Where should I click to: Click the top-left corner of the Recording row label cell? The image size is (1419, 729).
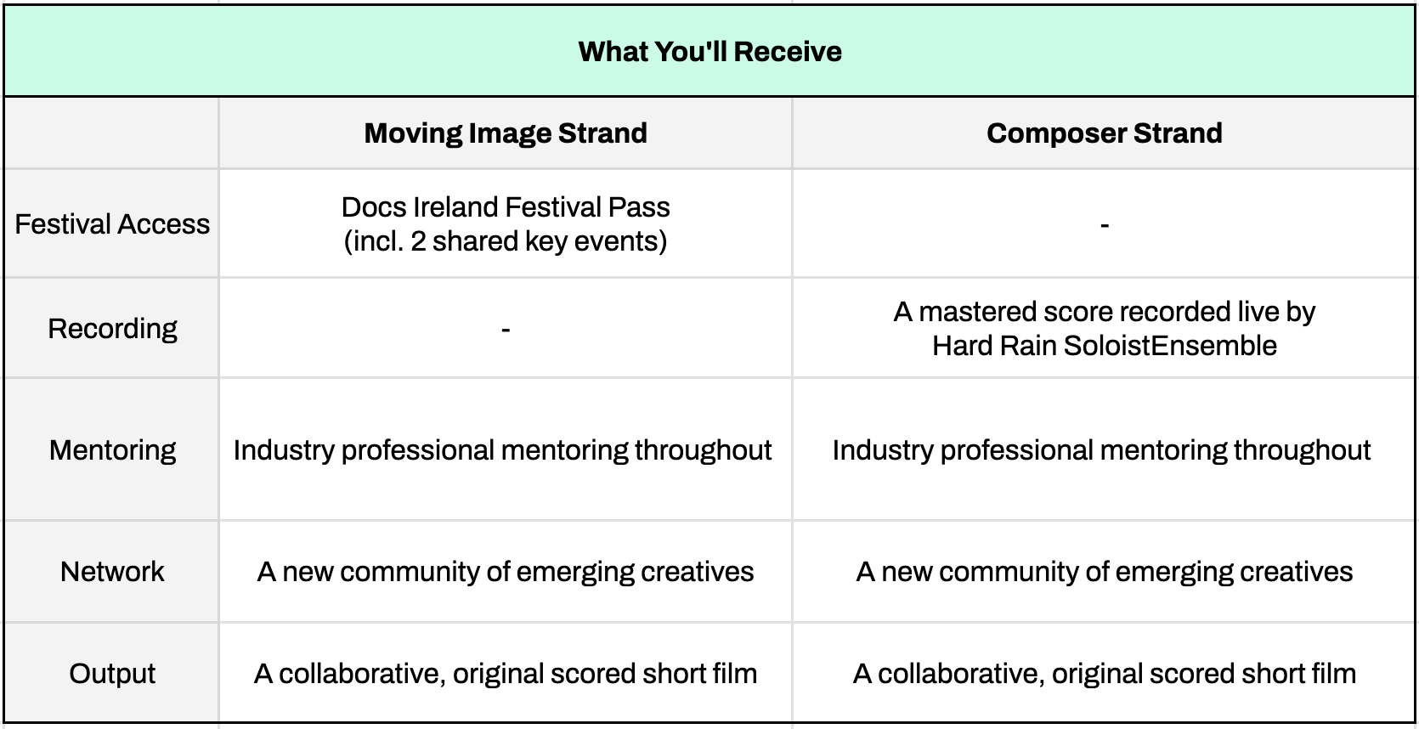coord(3,278)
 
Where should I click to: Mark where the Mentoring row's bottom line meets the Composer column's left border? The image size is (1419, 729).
coord(792,521)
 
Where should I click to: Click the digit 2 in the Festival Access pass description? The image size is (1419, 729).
coord(417,241)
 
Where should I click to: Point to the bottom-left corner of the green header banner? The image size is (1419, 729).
coord(3,96)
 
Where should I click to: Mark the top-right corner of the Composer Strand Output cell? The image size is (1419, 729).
coord(1415,623)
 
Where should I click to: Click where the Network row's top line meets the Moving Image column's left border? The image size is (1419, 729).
coord(219,521)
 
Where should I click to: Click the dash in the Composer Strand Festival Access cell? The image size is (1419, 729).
coord(1104,225)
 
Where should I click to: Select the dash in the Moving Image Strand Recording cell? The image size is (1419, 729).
coord(506,330)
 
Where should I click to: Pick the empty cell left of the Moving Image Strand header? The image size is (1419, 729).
coord(111,133)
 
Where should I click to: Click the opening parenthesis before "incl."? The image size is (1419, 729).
coord(348,242)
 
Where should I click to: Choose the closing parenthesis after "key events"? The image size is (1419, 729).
coord(664,242)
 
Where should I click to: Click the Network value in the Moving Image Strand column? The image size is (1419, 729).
coord(506,572)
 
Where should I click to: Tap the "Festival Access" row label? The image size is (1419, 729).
coord(112,224)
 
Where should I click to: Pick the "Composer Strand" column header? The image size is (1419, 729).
coord(1104,133)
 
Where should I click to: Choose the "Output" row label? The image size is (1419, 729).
coord(112,674)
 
